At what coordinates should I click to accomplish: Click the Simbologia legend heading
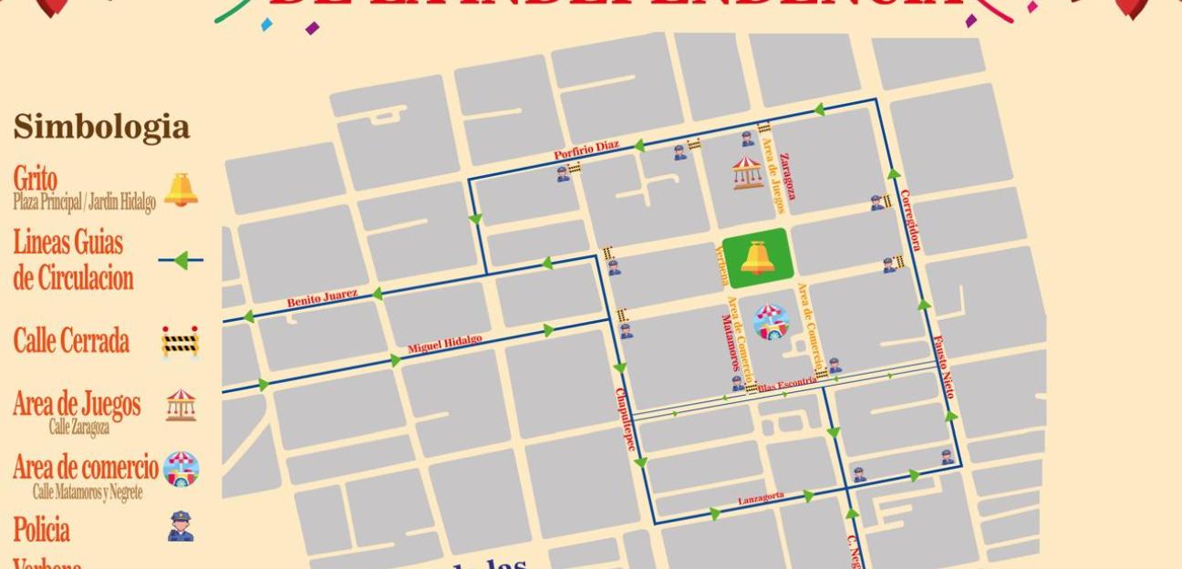[101, 128]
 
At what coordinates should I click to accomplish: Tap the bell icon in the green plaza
[757, 259]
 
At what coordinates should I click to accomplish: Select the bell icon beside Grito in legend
[181, 189]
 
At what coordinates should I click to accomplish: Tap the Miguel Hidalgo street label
[444, 345]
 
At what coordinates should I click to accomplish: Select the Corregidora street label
[910, 220]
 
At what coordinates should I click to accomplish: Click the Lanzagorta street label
[761, 497]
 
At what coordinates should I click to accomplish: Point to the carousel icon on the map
[748, 172]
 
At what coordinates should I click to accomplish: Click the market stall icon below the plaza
[772, 322]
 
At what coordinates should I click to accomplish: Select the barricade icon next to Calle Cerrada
[181, 341]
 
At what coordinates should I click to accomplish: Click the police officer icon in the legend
[181, 527]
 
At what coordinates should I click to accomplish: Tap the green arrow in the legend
[181, 262]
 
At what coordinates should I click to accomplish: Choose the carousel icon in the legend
[181, 405]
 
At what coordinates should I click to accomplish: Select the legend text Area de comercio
[86, 468]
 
